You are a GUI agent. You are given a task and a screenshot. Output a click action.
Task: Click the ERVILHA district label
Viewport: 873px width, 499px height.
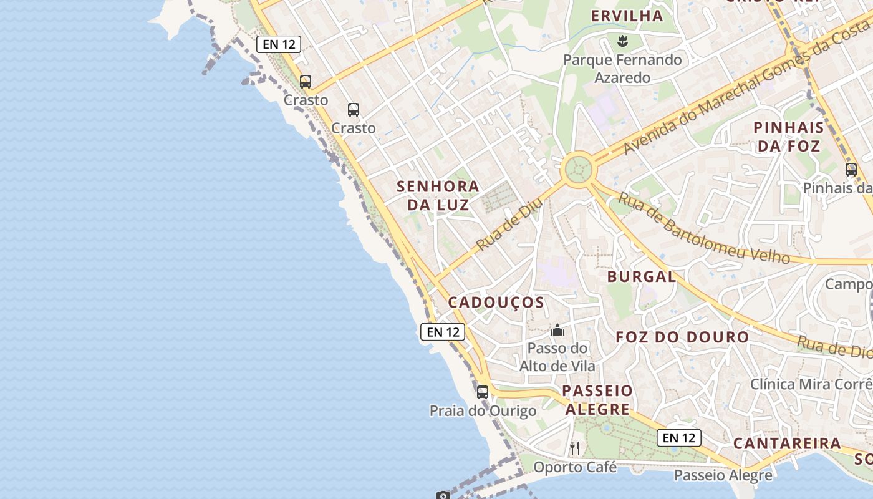tap(627, 16)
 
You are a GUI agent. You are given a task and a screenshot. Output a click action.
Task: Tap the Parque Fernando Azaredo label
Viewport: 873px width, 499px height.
tap(622, 69)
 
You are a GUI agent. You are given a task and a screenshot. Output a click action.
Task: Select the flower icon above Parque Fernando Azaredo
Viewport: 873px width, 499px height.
tap(622, 42)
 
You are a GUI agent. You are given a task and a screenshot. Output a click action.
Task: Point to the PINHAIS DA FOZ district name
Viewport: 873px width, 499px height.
tap(788, 137)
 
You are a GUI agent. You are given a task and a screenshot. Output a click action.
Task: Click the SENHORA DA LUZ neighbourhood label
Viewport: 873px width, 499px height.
tap(438, 195)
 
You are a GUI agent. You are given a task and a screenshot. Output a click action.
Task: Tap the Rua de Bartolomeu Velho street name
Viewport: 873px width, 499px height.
tap(703, 228)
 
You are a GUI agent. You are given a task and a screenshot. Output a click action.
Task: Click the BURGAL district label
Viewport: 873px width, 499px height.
tap(642, 276)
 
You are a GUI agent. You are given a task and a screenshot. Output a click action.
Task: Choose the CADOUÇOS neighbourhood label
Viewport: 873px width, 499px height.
tap(496, 303)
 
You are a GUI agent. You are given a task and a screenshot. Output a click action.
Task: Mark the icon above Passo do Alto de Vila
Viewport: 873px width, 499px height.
tap(557, 330)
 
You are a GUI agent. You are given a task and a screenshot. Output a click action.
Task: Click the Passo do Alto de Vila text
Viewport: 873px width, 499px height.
tap(557, 357)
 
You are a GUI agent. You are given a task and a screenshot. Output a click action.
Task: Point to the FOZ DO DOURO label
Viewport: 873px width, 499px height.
tap(682, 337)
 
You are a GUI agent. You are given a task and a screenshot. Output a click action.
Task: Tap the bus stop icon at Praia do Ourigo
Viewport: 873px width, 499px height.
tap(483, 392)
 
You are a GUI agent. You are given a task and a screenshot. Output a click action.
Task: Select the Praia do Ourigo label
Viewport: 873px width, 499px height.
tap(483, 411)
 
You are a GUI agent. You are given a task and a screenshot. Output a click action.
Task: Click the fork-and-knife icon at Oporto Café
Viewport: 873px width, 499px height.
tap(575, 448)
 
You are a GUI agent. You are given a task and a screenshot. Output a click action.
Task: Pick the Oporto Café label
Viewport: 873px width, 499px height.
tap(575, 467)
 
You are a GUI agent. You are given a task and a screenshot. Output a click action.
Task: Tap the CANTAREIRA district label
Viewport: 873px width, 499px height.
tap(787, 443)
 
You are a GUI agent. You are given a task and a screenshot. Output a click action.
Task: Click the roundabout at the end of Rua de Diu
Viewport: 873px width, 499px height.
tap(577, 169)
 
